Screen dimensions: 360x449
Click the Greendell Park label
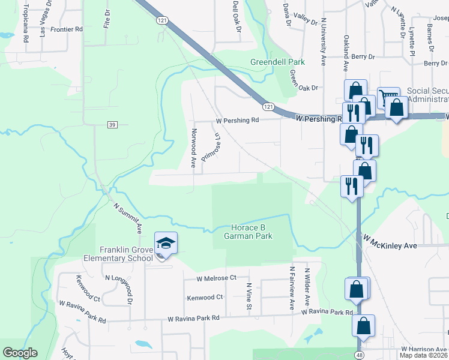point(277,62)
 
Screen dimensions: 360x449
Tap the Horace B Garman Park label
point(252,232)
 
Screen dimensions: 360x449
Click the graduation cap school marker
point(166,244)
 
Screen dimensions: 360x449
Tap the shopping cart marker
point(388,98)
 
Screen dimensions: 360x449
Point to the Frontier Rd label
point(67,29)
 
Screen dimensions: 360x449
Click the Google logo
point(20,353)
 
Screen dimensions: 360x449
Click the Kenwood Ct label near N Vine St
point(205,297)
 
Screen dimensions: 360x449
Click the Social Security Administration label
point(427,95)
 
